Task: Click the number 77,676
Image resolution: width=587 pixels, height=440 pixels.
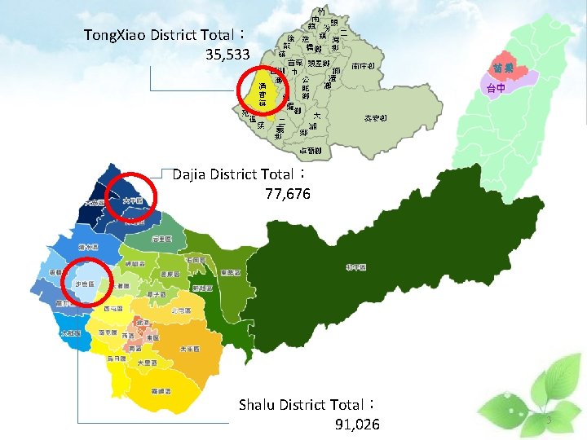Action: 288,194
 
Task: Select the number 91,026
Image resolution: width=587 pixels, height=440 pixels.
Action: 357,424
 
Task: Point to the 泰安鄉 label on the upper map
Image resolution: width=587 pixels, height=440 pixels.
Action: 376,119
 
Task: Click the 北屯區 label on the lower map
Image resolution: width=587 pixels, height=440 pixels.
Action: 181,310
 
